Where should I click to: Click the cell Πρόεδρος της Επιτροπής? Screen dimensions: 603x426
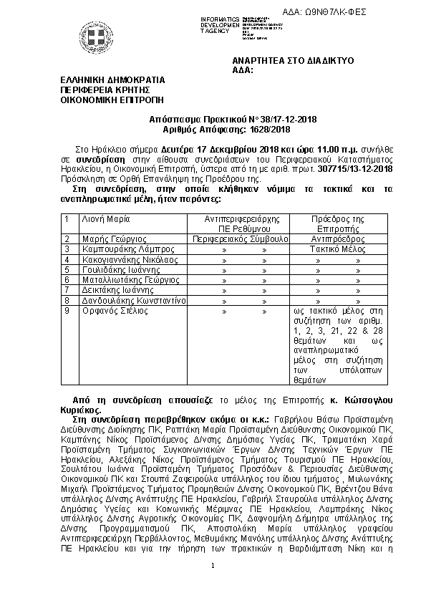pos(338,223)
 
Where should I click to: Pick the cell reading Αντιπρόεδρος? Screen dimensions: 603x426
pos(338,238)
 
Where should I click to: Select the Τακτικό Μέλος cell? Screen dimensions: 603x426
pos(338,249)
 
